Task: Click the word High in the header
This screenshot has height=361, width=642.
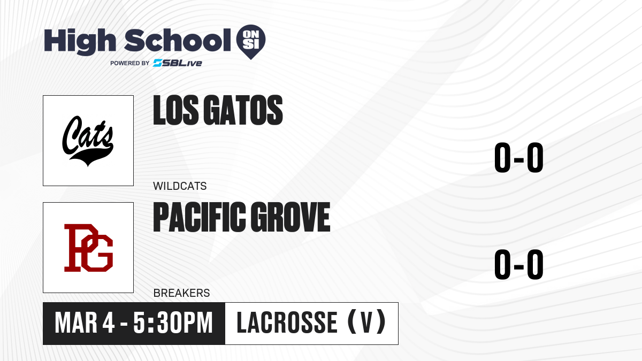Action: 80,42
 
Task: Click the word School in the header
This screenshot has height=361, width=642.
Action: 178,40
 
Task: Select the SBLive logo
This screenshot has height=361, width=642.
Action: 178,63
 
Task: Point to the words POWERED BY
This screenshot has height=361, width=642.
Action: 130,63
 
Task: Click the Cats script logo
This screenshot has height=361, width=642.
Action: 88,141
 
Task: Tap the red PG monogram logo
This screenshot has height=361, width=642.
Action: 88,248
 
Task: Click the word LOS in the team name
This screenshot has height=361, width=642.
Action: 175,110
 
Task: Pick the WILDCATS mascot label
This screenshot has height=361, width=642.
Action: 180,186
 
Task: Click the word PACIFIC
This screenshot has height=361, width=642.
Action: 200,217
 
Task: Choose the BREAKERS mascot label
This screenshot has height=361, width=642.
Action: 181,293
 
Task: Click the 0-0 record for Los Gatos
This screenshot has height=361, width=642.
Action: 519,158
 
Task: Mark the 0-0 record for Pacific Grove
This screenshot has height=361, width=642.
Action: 519,264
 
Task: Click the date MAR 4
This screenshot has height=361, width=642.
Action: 85,323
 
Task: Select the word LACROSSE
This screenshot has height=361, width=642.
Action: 287,322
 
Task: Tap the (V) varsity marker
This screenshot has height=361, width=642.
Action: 367,322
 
